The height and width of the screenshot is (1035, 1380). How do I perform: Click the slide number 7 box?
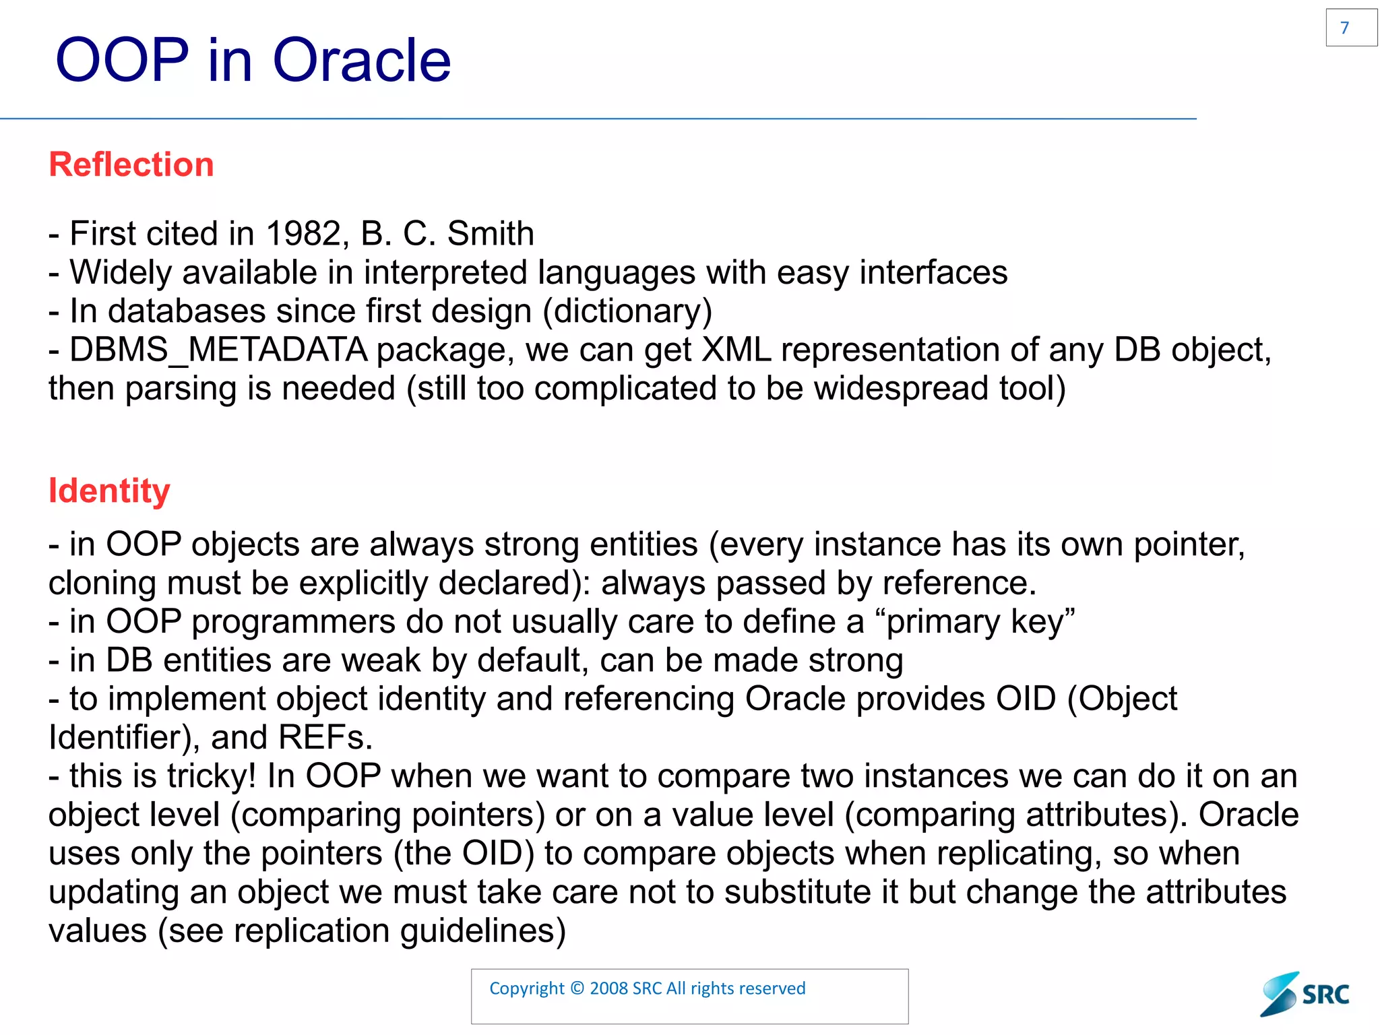tap(1350, 28)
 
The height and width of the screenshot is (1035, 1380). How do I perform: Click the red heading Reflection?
tap(131, 164)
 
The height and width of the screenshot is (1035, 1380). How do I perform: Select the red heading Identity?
tap(109, 491)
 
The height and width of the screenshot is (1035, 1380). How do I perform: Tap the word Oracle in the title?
tap(361, 61)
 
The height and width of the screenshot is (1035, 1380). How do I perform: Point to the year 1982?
tap(304, 234)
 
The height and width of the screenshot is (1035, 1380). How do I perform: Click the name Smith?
tap(491, 234)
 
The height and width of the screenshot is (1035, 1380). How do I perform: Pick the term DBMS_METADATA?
tap(218, 350)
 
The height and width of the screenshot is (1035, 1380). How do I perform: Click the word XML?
tap(736, 350)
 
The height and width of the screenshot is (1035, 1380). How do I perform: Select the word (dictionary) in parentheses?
tap(627, 311)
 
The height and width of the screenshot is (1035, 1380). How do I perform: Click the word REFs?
tap(325, 737)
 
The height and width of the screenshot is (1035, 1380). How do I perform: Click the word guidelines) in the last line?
tap(482, 931)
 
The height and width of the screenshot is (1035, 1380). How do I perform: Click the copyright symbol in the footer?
tap(577, 989)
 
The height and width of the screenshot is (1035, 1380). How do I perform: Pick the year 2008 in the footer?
tap(609, 989)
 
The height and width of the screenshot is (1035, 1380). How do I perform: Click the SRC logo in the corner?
tap(1305, 994)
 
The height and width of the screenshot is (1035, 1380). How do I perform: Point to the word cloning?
tap(102, 584)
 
